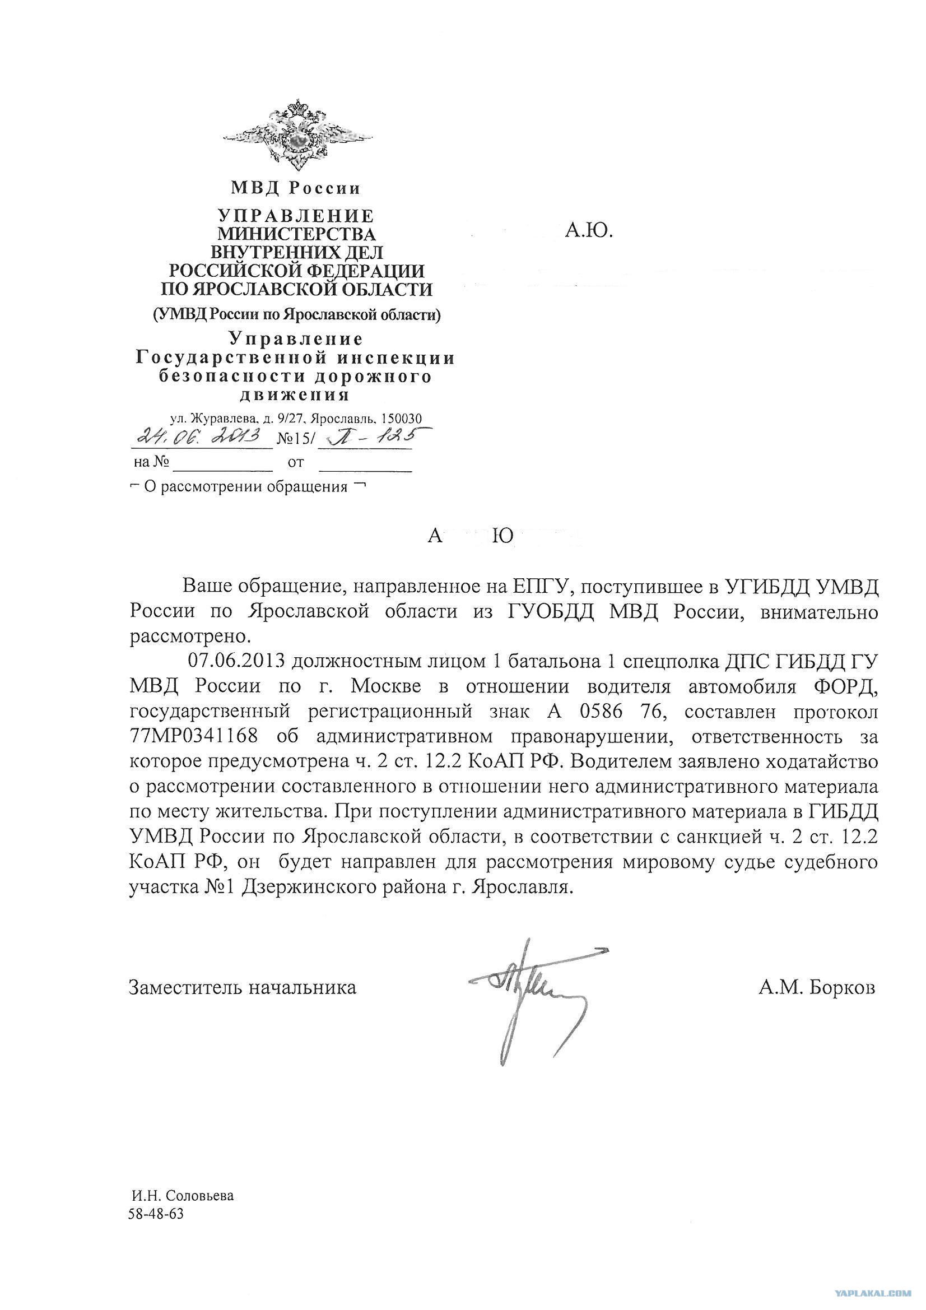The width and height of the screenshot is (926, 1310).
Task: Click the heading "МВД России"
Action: coord(296,187)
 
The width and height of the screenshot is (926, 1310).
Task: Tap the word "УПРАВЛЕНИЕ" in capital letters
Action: coord(296,216)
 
